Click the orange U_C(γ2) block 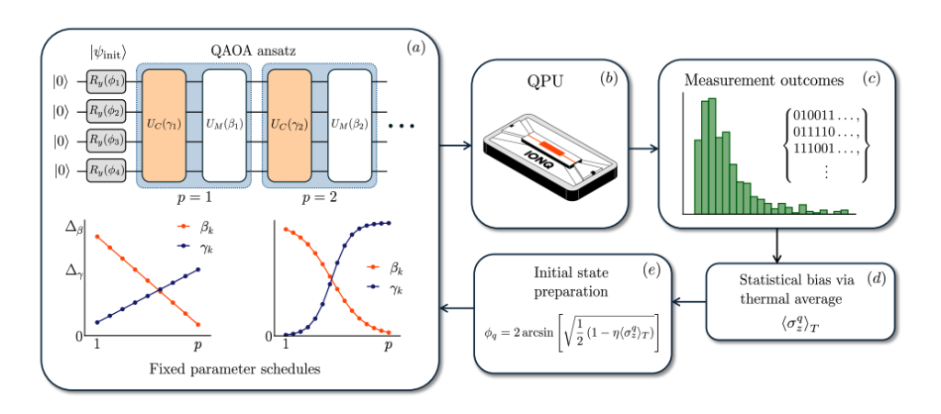tap(291, 126)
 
